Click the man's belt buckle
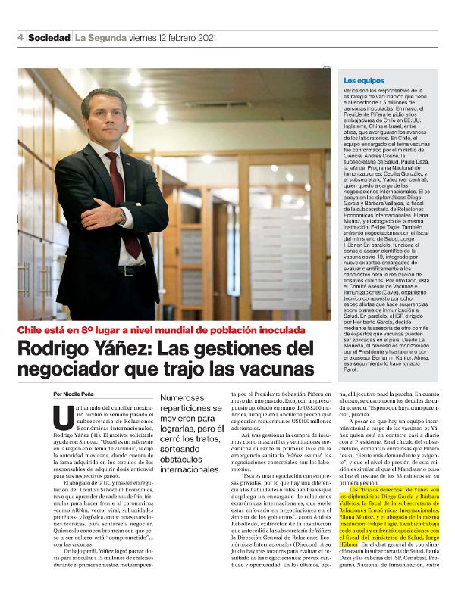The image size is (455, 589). (124, 270)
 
